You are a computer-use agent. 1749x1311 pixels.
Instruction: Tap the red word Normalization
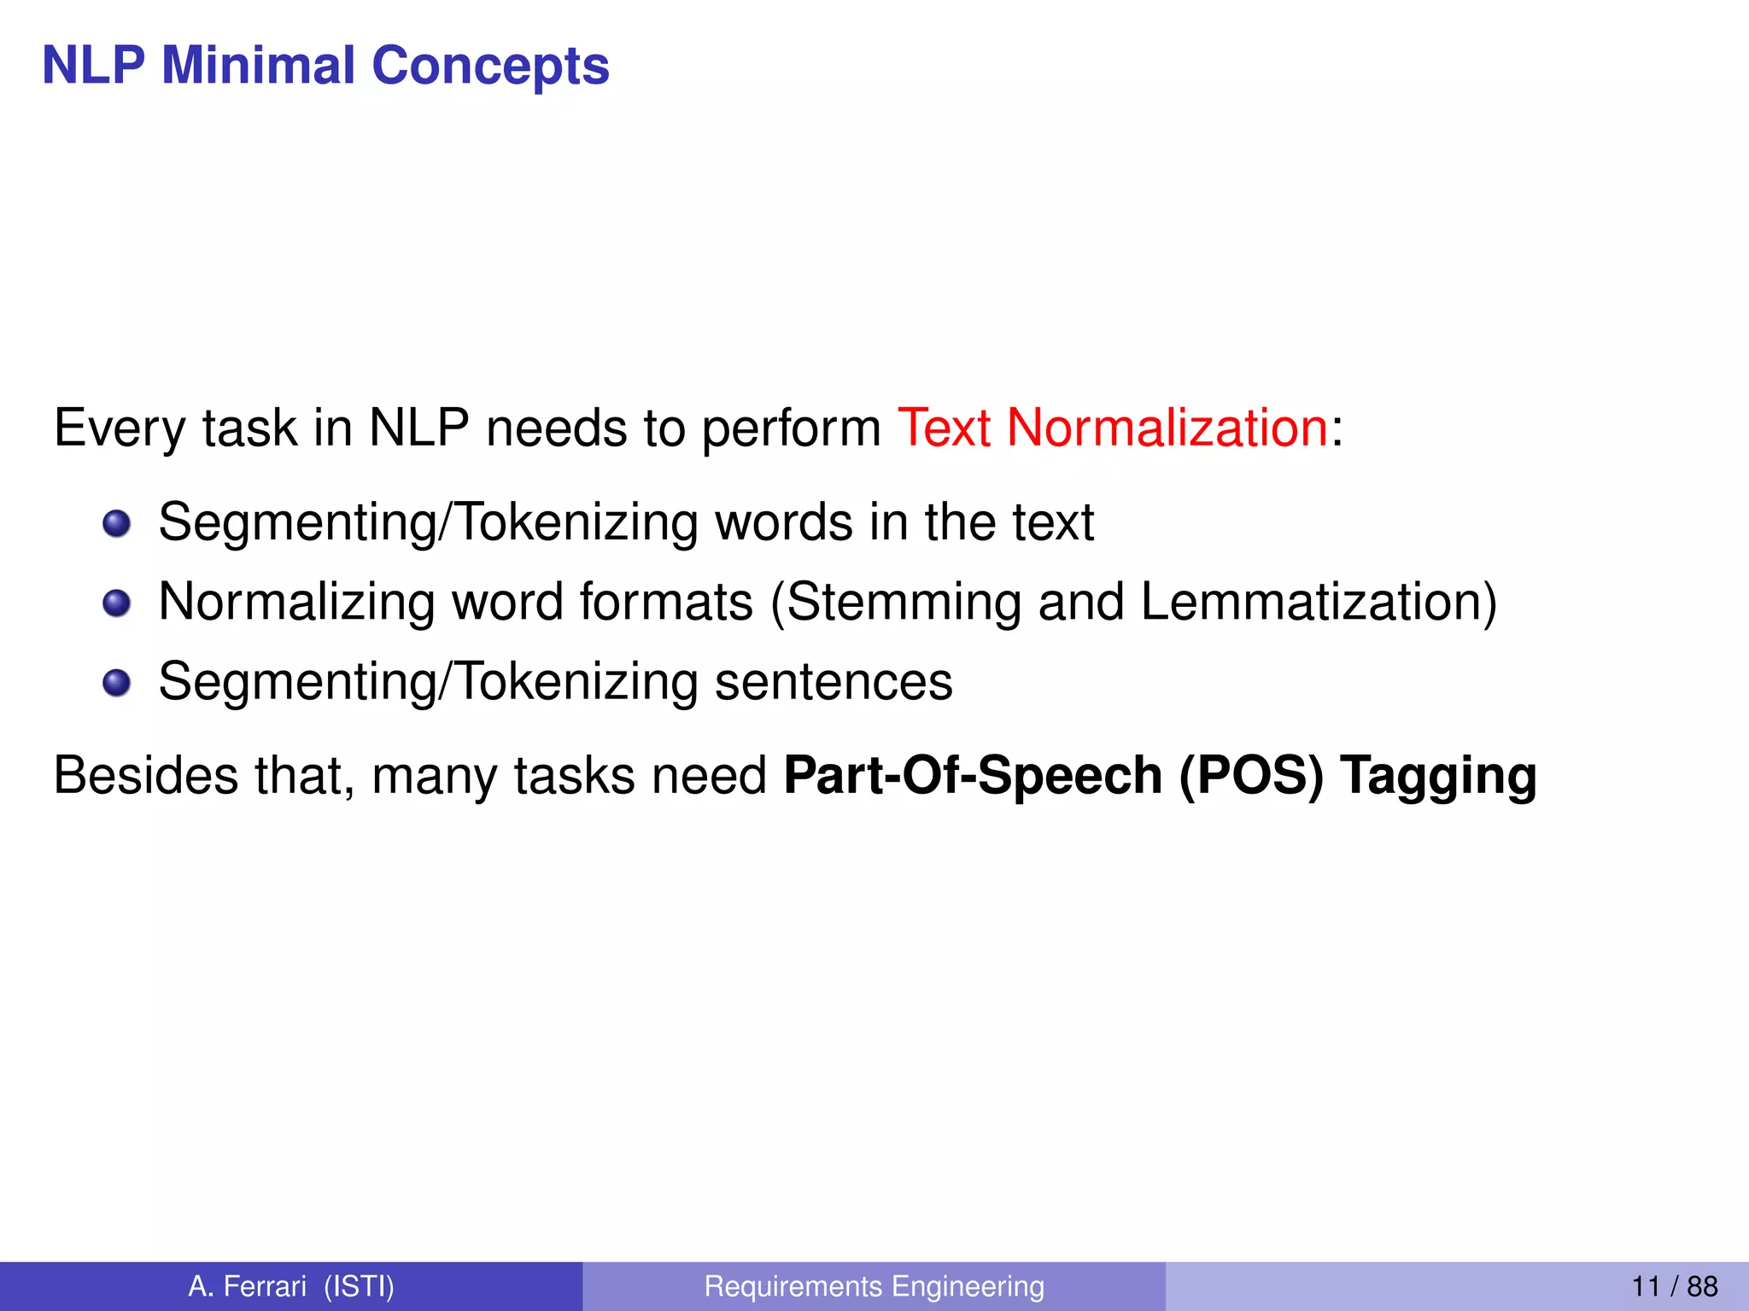click(1167, 428)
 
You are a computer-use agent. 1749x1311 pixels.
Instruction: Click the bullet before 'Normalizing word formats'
click(116, 603)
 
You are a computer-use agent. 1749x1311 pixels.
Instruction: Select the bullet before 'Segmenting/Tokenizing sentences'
click(116, 683)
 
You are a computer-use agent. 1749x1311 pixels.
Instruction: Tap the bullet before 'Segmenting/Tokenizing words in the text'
click(116, 523)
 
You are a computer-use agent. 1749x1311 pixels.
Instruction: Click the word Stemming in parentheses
click(903, 603)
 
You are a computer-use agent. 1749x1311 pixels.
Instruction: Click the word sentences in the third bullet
click(834, 682)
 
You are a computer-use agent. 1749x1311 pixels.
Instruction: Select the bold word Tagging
click(1438, 776)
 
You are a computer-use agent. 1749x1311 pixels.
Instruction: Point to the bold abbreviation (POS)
click(1251, 776)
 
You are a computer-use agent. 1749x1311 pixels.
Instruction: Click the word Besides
click(146, 776)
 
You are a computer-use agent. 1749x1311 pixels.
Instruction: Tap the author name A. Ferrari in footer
click(247, 1286)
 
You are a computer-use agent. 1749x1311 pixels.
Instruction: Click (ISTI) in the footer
click(359, 1286)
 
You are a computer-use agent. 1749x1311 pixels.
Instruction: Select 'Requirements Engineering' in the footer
click(874, 1286)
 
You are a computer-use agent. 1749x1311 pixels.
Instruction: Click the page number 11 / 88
click(1674, 1286)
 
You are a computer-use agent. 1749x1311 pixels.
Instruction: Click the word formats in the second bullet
click(666, 603)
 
